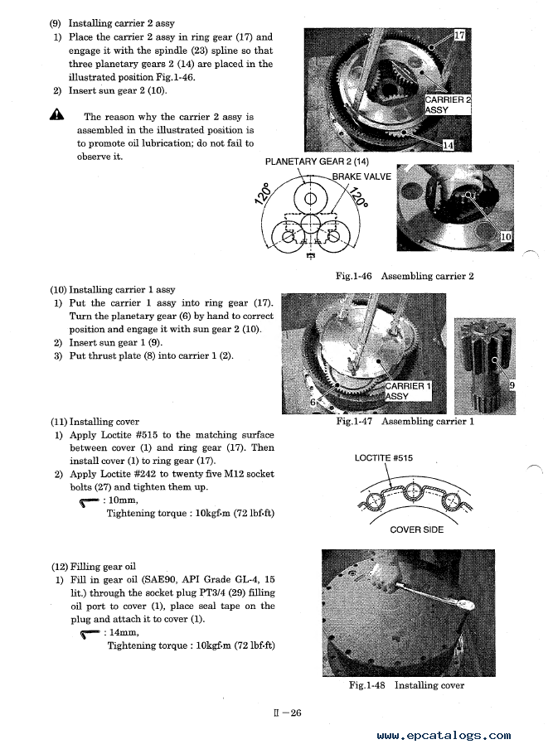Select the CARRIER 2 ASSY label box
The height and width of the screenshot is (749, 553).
448,104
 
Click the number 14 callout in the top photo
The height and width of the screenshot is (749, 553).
449,145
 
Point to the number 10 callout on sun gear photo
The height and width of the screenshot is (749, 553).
506,237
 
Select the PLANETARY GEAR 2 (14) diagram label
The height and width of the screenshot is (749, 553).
317,162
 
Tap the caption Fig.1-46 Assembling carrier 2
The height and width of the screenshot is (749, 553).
405,276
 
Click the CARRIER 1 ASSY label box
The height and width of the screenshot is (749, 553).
408,391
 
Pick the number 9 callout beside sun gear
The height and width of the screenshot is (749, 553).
512,385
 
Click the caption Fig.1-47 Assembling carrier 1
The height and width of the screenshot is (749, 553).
405,421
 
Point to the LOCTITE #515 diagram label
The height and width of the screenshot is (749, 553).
383,458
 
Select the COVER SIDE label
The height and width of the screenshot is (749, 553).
416,529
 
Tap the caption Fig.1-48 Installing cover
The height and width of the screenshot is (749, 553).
405,685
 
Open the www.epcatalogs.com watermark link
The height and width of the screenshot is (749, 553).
444,735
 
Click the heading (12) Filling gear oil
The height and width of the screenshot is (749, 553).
93,567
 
